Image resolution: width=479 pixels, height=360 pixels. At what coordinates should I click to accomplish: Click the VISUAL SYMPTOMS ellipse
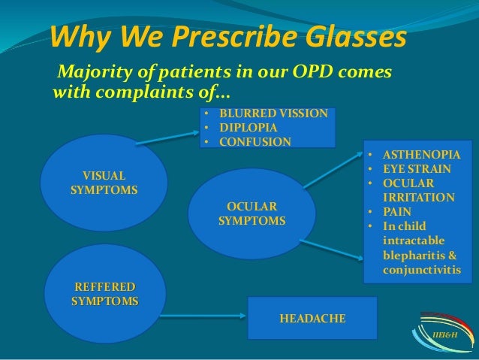point(104,183)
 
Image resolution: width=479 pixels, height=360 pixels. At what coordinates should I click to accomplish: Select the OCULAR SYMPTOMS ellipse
point(252,214)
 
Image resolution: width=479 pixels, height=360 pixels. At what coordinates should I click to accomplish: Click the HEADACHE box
point(312,319)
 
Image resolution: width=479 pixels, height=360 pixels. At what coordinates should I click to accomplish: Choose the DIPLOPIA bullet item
point(248,127)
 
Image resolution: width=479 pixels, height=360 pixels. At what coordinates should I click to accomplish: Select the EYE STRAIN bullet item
point(416,170)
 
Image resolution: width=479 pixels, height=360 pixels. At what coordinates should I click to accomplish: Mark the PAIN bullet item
point(397,213)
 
